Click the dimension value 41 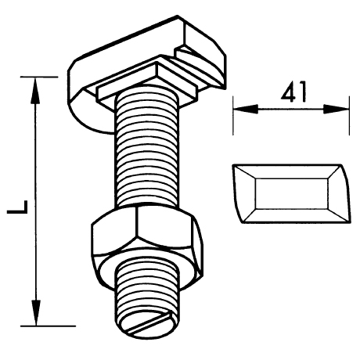point(293,92)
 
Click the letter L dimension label point(17,207)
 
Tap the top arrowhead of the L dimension point(36,91)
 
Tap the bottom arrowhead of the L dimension point(36,312)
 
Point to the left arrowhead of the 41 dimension point(246,109)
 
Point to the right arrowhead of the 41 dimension point(336,109)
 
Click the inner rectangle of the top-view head point(292,193)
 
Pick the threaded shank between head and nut point(147,147)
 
